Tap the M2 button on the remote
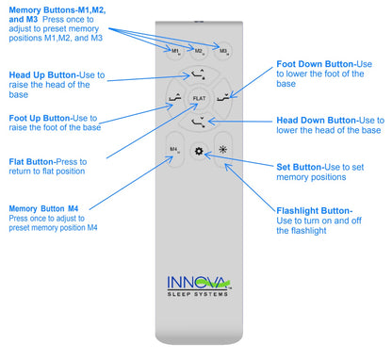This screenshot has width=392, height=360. click(200, 51)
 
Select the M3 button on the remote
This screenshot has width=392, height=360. click(222, 51)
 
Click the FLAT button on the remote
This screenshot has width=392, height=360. click(199, 98)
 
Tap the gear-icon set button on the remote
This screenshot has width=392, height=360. click(199, 150)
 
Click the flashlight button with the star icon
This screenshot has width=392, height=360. click(222, 150)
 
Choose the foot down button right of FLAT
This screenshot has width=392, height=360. click(222, 98)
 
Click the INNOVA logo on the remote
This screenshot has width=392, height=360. click(196, 282)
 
